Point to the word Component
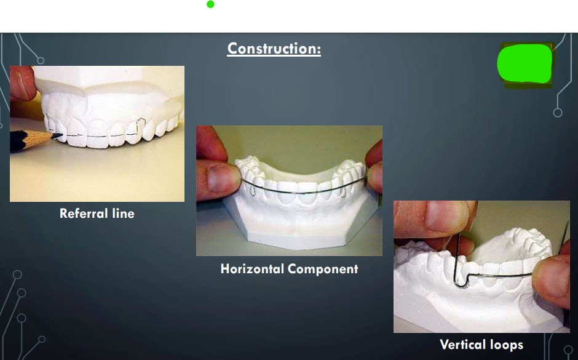pos(323,269)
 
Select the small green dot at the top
pos(210,4)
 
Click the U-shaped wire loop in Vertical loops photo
pos(459,280)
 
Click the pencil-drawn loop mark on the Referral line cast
pos(140,127)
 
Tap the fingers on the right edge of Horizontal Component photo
pos(374,166)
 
